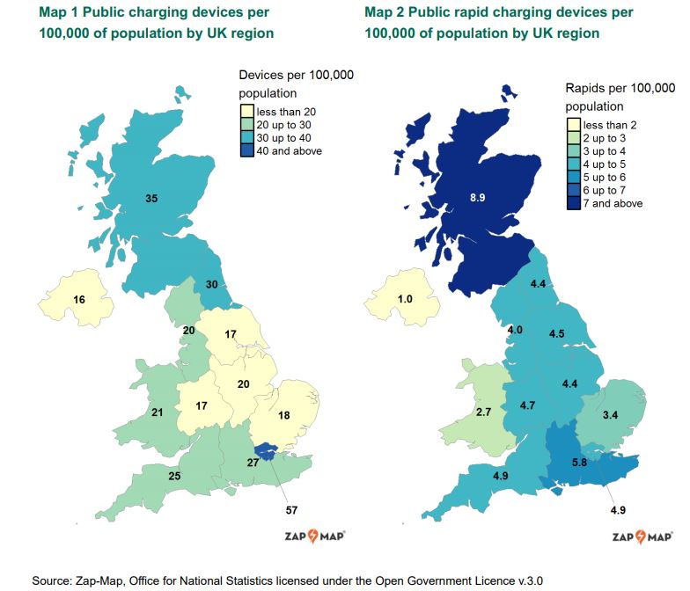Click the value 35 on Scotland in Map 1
(151, 199)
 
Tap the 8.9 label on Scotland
(478, 199)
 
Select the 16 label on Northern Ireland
(79, 300)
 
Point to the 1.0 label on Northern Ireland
(405, 300)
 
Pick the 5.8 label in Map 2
(579, 462)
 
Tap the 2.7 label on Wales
(483, 412)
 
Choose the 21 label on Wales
(158, 412)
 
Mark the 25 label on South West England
(174, 476)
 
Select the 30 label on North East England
(211, 284)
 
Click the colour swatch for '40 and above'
(247, 151)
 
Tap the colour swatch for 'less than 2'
(573, 125)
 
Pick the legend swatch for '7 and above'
(573, 203)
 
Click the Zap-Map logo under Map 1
(312, 536)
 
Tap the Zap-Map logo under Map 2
(642, 536)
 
